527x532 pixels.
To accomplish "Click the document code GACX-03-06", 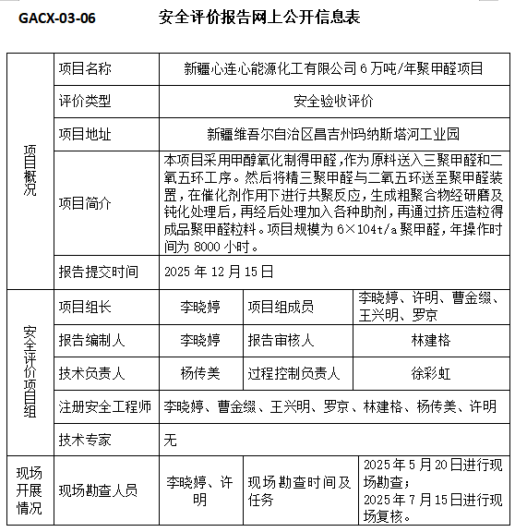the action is (56, 18).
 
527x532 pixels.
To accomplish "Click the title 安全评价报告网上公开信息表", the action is (258, 18).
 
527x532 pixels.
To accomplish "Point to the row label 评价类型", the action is (85, 101).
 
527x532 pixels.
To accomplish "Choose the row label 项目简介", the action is (85, 204).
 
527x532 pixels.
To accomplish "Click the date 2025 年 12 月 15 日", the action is (219, 272).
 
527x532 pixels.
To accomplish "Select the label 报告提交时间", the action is (98, 272).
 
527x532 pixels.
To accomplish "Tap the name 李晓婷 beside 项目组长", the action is (199, 307).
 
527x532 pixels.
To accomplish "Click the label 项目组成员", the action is (280, 307).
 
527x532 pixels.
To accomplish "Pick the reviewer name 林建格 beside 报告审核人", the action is (431, 340).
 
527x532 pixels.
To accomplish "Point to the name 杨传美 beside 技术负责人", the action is (199, 373).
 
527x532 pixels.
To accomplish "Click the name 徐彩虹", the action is (431, 373).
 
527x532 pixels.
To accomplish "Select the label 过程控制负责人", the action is (293, 373).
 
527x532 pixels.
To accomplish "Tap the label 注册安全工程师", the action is (104, 406).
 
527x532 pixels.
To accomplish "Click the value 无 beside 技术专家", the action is (170, 440).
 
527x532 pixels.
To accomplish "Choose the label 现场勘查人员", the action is (98, 490).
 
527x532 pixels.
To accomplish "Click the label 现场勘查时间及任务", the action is (299, 490).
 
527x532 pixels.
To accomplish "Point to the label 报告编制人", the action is (91, 340).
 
